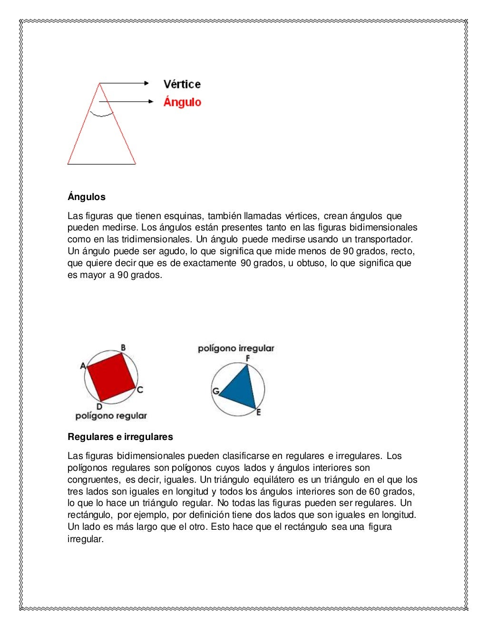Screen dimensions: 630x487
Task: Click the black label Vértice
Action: pyautogui.click(x=182, y=85)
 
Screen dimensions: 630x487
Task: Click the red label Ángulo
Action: pyautogui.click(x=182, y=102)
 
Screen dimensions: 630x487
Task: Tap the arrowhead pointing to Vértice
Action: pyautogui.click(x=147, y=83)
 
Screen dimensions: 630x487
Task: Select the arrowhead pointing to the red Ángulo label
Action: pyautogui.click(x=151, y=101)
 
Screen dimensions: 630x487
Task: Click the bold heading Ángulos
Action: pyautogui.click(x=87, y=197)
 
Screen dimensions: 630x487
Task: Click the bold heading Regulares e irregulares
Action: pyautogui.click(x=120, y=437)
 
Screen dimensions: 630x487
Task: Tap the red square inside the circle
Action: pyautogui.click(x=111, y=377)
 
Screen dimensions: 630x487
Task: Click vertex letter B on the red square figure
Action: pyautogui.click(x=123, y=348)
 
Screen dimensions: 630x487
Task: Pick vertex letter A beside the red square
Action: pyautogui.click(x=83, y=366)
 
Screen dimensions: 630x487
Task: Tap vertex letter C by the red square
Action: pyautogui.click(x=140, y=390)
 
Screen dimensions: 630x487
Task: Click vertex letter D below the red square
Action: pyautogui.click(x=99, y=407)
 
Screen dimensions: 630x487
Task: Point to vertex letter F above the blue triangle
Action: pyautogui.click(x=248, y=358)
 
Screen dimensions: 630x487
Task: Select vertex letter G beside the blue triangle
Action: pyautogui.click(x=215, y=391)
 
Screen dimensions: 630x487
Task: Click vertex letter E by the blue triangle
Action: pyautogui.click(x=259, y=412)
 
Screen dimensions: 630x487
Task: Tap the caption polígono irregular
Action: pyautogui.click(x=236, y=348)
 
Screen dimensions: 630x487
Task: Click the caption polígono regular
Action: pyautogui.click(x=111, y=416)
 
